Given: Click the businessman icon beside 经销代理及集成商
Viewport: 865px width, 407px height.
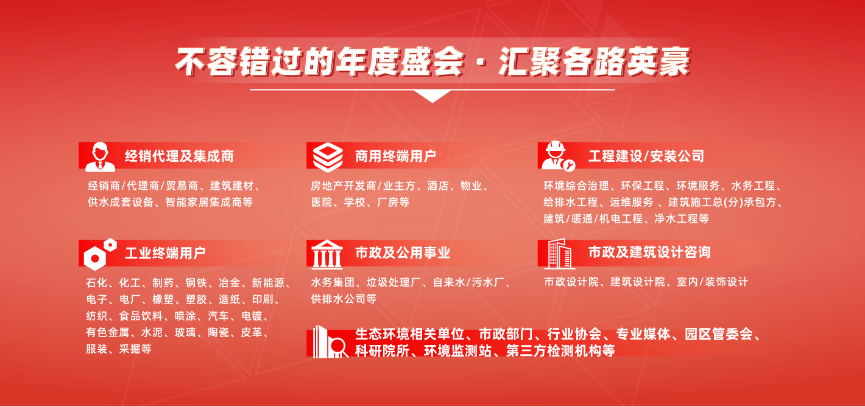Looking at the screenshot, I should point(100,156).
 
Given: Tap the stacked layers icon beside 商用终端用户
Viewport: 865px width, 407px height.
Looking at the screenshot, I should point(328,156).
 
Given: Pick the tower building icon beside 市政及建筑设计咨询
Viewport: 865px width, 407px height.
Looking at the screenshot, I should point(559,253).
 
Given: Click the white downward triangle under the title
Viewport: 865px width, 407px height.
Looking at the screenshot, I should point(432,96).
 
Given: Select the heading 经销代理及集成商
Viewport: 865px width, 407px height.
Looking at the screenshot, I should point(179,156).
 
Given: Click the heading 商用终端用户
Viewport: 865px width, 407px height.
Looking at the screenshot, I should point(395,156).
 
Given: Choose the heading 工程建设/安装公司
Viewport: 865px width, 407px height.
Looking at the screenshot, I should point(646,156).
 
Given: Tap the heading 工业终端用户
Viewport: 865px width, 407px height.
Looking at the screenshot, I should point(165,253).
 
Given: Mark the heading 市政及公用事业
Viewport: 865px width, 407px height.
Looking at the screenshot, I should point(403,252).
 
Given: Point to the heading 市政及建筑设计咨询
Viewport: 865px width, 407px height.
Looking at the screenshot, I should point(649,252).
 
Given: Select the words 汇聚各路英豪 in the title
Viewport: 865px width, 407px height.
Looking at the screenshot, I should point(593,63).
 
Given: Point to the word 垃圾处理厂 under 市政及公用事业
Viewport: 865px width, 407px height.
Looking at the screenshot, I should point(394,282).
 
